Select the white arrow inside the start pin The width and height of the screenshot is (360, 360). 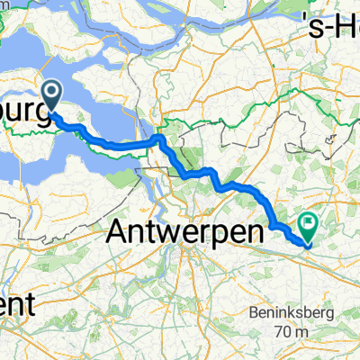[x=52, y=91]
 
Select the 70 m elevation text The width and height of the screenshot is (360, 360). [x=292, y=333]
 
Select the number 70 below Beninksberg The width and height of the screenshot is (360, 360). [x=285, y=333]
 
